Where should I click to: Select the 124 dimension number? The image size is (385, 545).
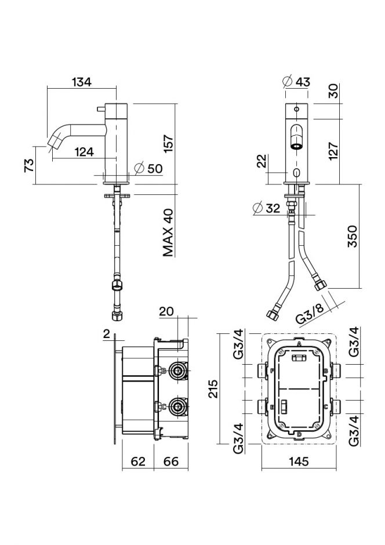click(x=84, y=152)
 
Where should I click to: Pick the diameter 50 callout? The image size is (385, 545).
click(x=149, y=169)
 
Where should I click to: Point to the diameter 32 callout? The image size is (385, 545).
click(x=267, y=208)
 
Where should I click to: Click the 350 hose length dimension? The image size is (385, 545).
click(x=351, y=236)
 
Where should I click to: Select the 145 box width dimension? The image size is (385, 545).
click(x=299, y=462)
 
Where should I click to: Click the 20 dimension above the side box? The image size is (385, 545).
click(x=166, y=312)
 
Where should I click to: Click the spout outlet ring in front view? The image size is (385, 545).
click(x=296, y=146)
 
